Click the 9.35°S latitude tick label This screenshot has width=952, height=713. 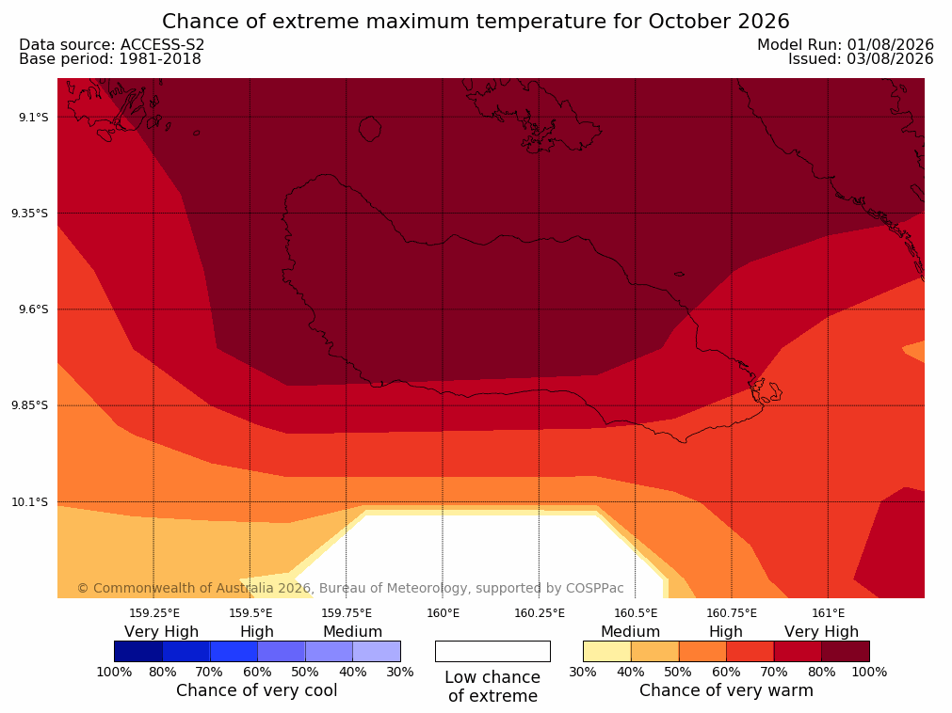coord(30,213)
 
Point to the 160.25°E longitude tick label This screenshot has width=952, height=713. coord(540,613)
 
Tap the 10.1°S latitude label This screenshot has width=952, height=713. coord(30,502)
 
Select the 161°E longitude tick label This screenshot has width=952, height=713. coord(828,613)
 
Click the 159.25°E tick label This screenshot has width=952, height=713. coord(154,613)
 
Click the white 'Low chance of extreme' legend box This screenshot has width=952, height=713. coord(492,651)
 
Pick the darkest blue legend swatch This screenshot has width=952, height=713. coord(138,651)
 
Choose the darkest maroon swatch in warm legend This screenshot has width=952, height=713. coord(846,651)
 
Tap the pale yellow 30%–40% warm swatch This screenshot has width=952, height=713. coord(607,651)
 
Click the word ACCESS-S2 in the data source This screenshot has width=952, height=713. coord(162,45)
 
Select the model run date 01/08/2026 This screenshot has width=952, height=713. coord(890,45)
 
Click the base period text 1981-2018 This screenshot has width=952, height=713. coord(160,59)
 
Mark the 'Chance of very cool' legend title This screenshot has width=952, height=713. coord(257,690)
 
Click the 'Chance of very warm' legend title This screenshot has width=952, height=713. coord(726,690)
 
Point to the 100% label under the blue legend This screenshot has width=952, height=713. coord(114,672)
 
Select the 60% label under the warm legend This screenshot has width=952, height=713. coord(726,672)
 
